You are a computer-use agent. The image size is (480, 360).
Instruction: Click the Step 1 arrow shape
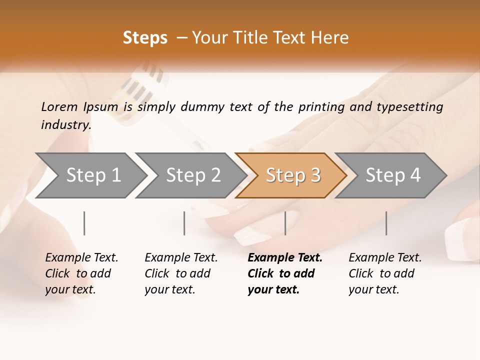(x=93, y=175)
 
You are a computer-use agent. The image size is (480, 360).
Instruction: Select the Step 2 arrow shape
(x=193, y=175)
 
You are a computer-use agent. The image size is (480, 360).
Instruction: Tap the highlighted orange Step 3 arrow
(x=293, y=175)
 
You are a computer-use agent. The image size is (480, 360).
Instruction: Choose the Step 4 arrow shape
(x=393, y=175)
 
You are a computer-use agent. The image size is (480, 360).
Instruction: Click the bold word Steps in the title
(x=145, y=38)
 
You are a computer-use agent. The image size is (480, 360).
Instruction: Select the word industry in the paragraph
(x=65, y=124)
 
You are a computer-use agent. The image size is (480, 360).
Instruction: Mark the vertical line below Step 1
(x=84, y=223)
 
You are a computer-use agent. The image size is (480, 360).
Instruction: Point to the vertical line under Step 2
(x=184, y=223)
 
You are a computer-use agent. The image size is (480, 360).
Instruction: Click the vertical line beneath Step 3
(x=285, y=223)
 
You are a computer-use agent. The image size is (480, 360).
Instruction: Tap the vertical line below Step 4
(x=386, y=223)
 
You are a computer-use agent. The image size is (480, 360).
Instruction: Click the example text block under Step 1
(x=81, y=273)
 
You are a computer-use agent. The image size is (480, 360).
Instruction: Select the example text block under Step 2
(x=181, y=273)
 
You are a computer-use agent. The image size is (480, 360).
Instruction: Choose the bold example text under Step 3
(x=285, y=273)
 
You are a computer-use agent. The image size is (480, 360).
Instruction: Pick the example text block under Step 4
(x=385, y=273)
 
